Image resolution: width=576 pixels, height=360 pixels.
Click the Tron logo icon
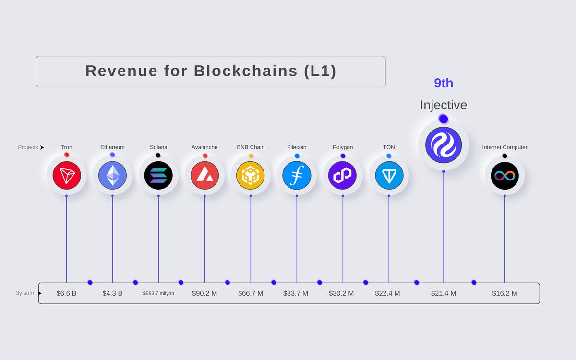[x=66, y=175]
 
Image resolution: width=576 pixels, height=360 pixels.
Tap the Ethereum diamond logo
[x=112, y=175]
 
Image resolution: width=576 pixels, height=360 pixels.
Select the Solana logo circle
[x=158, y=175]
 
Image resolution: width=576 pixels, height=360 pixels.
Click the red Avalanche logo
[x=204, y=175]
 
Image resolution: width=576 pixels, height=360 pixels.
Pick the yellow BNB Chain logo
[x=251, y=175]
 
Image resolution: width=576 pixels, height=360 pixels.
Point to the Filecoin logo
[x=297, y=175]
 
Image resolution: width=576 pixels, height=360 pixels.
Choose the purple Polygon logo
[x=343, y=175]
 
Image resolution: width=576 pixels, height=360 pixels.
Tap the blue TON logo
[x=389, y=175]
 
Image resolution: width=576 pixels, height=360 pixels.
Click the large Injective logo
[x=444, y=145]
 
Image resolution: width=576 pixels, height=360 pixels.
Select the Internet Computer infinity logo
[x=504, y=175]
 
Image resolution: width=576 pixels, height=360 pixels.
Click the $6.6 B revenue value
[x=66, y=293]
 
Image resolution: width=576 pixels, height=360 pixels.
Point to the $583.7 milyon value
[x=158, y=293]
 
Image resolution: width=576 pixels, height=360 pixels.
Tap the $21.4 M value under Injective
[x=444, y=293]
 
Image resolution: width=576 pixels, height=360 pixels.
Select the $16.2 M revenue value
[x=504, y=293]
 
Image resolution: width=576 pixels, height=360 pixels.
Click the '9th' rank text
[x=444, y=83]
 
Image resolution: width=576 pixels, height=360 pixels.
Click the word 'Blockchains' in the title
[x=246, y=71]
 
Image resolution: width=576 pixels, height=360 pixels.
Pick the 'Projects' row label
[x=28, y=147]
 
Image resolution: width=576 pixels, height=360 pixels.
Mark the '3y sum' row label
[x=25, y=293]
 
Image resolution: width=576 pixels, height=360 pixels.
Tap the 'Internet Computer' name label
[x=504, y=147]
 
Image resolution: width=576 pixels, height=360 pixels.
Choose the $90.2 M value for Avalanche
[x=204, y=293]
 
